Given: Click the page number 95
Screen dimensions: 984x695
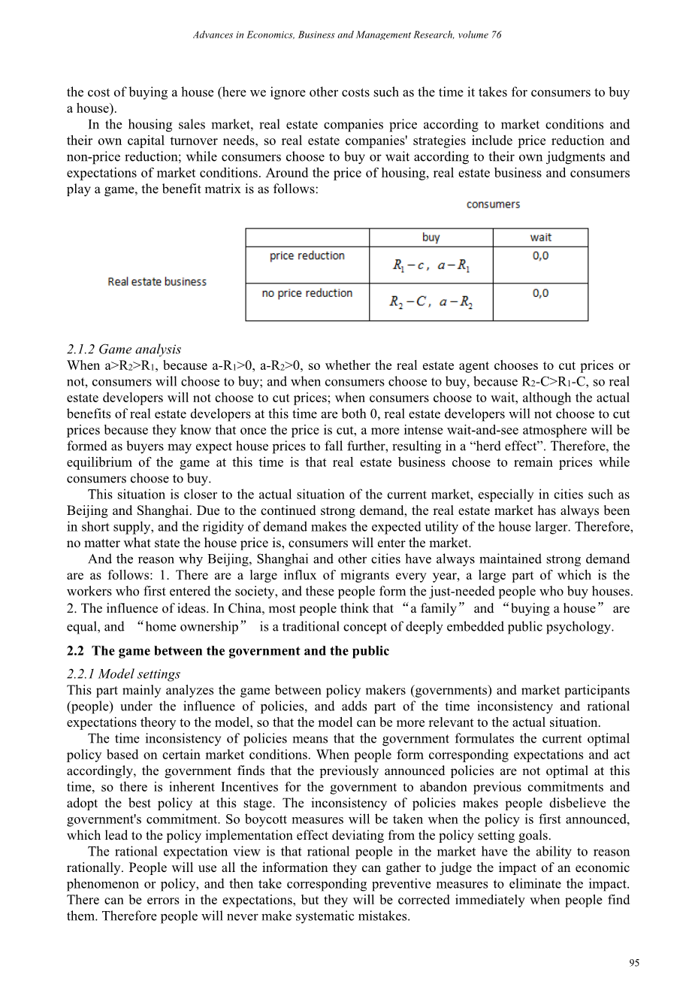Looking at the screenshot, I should (634, 963).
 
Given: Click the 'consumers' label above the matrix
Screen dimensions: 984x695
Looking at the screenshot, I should (493, 204).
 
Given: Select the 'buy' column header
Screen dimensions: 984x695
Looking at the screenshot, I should (431, 238).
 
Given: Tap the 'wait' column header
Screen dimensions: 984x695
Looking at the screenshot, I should (540, 238).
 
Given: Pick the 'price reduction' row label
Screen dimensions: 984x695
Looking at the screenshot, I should (307, 256).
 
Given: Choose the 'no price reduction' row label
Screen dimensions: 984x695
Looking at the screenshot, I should (307, 293).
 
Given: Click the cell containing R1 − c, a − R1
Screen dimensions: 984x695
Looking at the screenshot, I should (431, 265).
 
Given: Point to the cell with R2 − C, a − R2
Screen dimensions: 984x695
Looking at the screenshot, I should (431, 302).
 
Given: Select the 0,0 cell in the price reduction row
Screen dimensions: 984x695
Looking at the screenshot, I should (540, 256).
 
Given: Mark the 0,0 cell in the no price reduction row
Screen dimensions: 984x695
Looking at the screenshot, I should (540, 294).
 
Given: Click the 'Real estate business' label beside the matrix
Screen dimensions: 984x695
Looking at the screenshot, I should (157, 282).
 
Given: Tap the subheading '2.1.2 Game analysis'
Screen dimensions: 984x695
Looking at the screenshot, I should (123, 350).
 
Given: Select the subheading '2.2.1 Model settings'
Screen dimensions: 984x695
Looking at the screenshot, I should (123, 674).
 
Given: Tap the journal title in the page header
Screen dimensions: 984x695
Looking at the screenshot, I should (347, 35).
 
